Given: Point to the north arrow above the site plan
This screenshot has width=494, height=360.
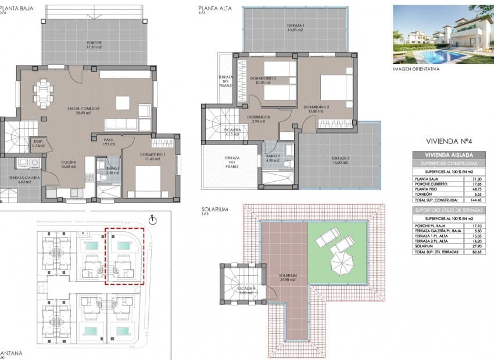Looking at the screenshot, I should pos(153,220).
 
